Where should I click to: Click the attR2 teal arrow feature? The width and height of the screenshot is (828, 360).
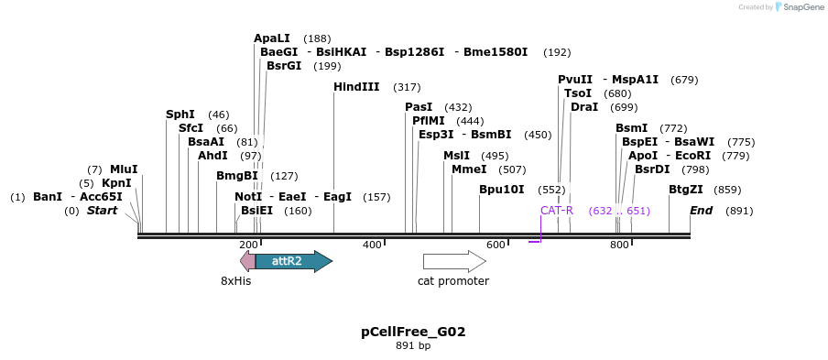pos(292,261)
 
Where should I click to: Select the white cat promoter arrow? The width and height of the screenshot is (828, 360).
pos(453,261)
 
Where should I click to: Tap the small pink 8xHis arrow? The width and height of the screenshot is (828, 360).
pos(247,261)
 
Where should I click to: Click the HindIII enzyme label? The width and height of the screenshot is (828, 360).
pos(356,87)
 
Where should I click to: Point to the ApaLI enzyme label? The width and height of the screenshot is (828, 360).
pos(272,38)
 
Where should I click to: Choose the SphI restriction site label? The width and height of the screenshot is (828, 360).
pos(180,115)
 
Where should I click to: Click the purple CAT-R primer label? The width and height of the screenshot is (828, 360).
pos(556,211)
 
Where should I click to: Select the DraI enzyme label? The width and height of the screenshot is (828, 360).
pos(584,107)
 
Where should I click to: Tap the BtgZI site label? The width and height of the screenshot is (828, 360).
pos(686,190)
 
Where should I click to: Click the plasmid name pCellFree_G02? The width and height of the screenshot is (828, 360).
pos(413,332)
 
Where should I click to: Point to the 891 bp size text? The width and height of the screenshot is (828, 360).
pos(413,346)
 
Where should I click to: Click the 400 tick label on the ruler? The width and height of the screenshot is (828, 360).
pos(372,245)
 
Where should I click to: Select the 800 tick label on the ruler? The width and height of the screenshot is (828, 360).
pos(619,245)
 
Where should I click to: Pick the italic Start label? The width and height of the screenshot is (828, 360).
pos(103,211)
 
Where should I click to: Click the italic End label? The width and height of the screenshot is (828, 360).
pos(702,211)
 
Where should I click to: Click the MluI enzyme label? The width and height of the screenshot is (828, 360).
pos(124,169)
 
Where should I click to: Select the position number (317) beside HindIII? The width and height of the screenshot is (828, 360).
pos(407,87)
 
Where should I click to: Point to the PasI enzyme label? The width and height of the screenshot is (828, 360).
pos(419,107)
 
